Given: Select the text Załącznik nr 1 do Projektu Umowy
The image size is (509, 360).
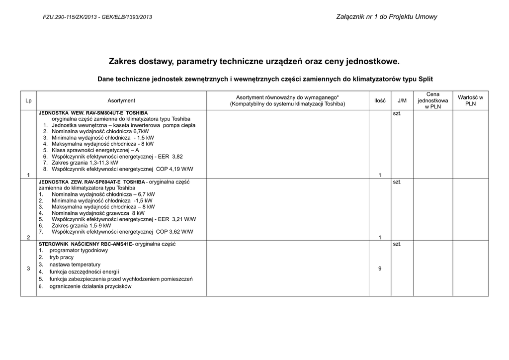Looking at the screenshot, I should (x=387, y=17).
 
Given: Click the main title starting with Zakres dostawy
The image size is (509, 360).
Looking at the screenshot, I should (x=254, y=62).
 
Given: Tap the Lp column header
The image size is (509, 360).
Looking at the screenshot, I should (x=28, y=100).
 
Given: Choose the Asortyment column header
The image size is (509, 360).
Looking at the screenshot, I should (x=121, y=100).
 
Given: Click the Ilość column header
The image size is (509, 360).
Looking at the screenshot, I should (x=380, y=100).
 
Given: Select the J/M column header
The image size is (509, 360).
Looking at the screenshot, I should (x=402, y=100).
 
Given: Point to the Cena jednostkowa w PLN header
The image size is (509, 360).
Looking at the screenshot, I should (x=432, y=100).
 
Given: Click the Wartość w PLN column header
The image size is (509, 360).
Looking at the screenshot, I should (x=470, y=100).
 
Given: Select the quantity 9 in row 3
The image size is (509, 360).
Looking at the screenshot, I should (x=380, y=269).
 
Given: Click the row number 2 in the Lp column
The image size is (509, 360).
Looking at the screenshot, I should (x=28, y=237).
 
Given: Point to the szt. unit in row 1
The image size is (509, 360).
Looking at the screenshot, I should (x=397, y=113).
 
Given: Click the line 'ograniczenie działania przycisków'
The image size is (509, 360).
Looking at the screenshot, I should (x=90, y=286).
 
